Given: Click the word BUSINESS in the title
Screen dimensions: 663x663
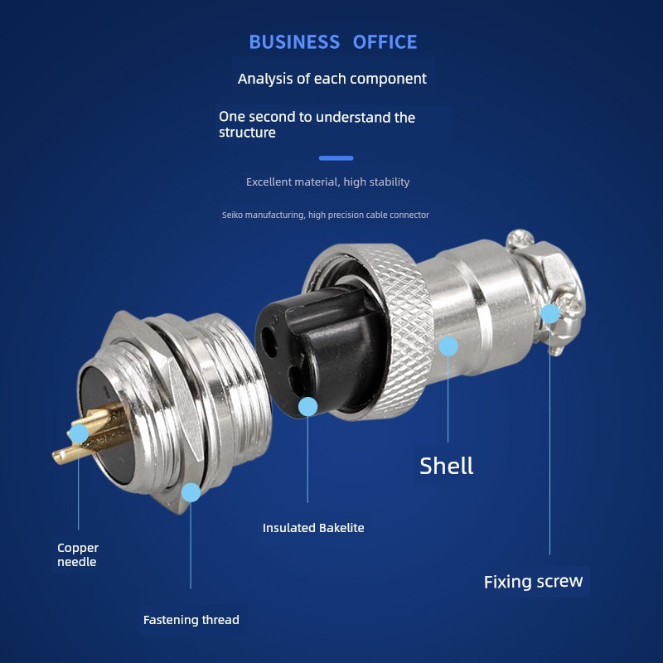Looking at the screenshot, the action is [x=294, y=42].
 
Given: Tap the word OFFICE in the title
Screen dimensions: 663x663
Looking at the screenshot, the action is [x=385, y=42].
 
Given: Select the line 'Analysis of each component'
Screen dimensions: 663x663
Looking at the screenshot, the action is [x=332, y=79].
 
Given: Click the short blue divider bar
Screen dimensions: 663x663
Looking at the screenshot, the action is [x=336, y=158].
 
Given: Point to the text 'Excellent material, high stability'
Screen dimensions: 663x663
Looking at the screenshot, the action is [x=327, y=181].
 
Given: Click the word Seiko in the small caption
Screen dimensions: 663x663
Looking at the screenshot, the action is [x=232, y=215].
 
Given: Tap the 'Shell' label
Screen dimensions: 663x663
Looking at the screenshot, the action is [x=446, y=466].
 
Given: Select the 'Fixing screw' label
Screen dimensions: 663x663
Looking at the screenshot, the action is [x=533, y=582].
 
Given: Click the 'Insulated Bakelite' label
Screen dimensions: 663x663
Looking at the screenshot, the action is [x=313, y=528].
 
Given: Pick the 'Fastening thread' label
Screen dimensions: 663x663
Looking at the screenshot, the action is [x=191, y=620].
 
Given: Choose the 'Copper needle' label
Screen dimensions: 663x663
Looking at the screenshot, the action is [x=78, y=554].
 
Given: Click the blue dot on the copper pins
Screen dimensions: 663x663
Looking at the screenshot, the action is [x=79, y=433].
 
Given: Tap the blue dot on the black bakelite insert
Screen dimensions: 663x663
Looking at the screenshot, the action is [x=307, y=407].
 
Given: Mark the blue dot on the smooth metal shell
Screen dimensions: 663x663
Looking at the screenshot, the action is [x=448, y=346].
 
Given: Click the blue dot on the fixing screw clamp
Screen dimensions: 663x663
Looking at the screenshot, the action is [x=550, y=314].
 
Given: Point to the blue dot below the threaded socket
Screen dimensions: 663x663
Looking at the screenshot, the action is [x=191, y=492].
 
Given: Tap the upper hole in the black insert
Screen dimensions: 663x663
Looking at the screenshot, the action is [x=269, y=339].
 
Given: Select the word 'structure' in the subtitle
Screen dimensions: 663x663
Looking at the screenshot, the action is [x=247, y=133].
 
